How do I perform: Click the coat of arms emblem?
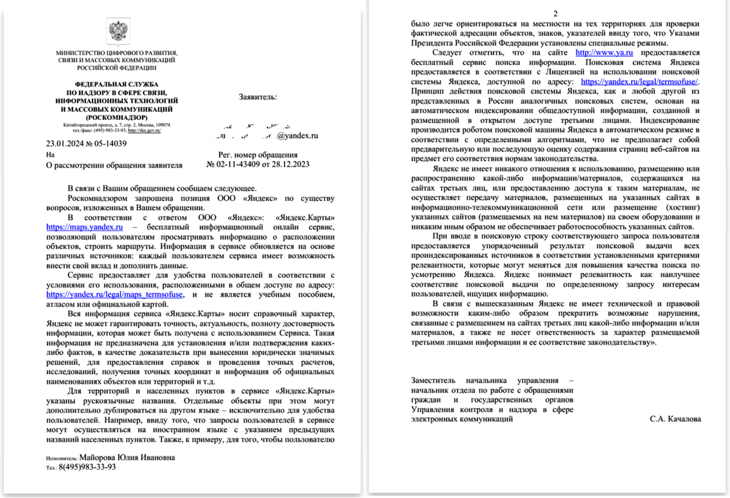[116, 31]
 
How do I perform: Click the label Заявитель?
[258, 97]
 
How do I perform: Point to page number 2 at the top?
[554, 14]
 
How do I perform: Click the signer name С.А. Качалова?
[675, 419]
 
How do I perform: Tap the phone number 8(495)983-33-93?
[87, 468]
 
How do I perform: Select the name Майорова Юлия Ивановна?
[128, 457]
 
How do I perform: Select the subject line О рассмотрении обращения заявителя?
[114, 164]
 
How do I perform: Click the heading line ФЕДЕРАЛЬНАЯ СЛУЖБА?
[116, 83]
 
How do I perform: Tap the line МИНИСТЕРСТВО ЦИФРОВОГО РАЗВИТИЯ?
[116, 53]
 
